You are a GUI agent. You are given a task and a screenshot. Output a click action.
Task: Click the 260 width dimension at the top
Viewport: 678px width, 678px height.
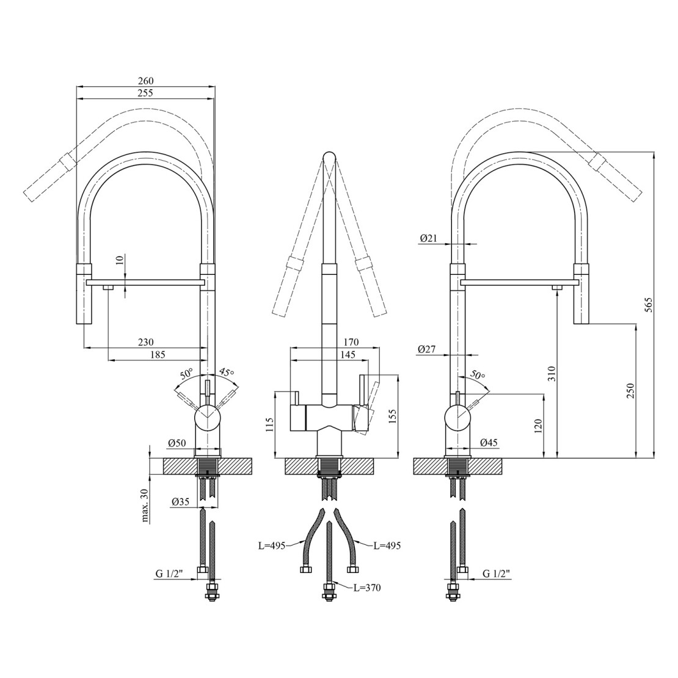click(146, 81)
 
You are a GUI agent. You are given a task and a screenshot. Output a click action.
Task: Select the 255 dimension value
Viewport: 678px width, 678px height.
click(146, 92)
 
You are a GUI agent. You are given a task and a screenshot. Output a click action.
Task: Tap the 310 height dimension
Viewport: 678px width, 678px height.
click(552, 374)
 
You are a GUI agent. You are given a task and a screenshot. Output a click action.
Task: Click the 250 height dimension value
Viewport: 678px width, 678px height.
click(630, 391)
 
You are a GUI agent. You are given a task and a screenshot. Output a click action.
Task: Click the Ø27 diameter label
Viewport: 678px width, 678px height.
click(428, 349)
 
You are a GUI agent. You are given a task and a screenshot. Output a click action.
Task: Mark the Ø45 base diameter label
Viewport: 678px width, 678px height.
click(489, 442)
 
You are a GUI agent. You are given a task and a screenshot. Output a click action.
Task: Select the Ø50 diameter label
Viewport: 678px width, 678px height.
click(177, 443)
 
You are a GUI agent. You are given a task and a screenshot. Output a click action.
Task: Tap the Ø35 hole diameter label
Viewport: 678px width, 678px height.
click(181, 501)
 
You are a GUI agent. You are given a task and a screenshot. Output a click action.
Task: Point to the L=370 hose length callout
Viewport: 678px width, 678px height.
click(367, 588)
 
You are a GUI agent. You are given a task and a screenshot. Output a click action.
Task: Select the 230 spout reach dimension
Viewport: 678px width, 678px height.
click(146, 342)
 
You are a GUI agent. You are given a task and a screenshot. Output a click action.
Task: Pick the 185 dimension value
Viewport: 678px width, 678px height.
click(158, 354)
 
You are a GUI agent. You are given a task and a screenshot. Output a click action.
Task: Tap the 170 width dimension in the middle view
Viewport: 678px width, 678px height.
click(351, 342)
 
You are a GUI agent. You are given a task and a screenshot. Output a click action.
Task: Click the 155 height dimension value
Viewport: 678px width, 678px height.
click(392, 417)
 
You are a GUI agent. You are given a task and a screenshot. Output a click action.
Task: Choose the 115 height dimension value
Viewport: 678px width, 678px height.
click(269, 426)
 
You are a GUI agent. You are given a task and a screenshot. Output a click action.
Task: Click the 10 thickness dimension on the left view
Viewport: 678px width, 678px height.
click(120, 260)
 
